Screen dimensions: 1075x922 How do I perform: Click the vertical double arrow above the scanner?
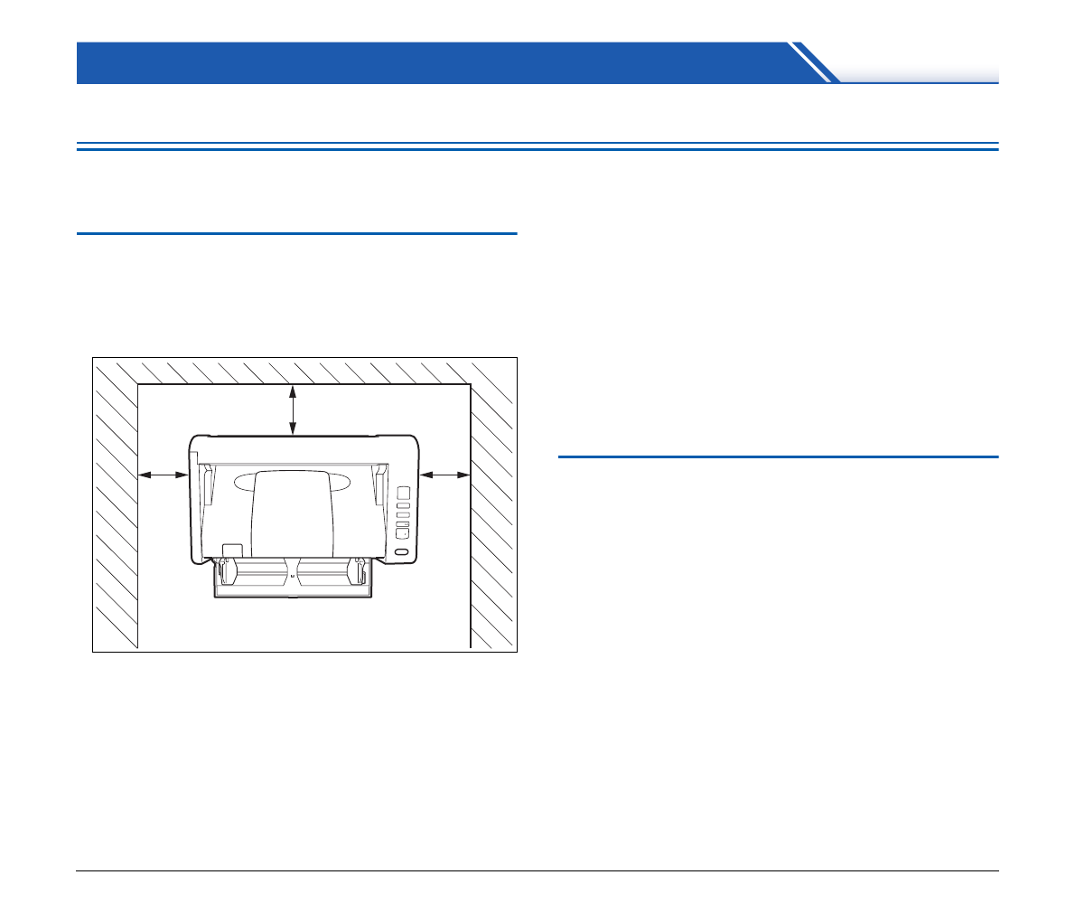coord(292,410)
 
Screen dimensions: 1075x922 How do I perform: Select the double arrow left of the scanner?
coord(164,473)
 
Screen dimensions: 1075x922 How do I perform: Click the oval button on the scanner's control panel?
coord(403,550)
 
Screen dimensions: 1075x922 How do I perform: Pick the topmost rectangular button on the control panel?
coord(404,493)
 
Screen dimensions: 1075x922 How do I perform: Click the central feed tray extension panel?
coord(294,515)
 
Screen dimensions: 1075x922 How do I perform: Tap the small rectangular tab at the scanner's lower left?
coord(232,550)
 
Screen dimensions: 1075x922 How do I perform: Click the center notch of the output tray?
coord(292,572)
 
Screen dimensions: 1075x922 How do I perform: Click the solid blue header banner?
coord(434,62)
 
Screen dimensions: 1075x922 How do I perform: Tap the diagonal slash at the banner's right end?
coord(813,63)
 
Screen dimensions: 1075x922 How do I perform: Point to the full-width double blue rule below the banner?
coord(537,146)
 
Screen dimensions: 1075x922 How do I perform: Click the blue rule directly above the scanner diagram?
coord(297,233)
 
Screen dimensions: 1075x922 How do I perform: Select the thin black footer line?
coord(537,871)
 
